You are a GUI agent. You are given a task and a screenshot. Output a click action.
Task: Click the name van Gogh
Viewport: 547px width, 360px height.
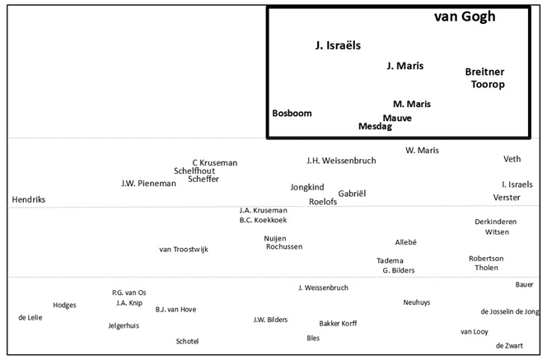[x=465, y=16]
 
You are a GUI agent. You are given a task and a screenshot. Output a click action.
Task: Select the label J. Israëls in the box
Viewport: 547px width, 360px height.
[x=338, y=46]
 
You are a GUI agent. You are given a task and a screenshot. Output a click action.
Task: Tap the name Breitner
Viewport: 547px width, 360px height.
[x=484, y=72]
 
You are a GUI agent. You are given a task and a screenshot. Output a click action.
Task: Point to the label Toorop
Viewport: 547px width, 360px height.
[x=487, y=84]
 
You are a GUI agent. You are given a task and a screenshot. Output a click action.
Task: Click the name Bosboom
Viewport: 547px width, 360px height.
[x=292, y=113]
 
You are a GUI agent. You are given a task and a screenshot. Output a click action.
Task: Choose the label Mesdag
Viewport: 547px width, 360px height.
[x=376, y=127]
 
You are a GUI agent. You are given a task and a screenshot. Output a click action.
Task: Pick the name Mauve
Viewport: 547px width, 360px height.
[x=397, y=118]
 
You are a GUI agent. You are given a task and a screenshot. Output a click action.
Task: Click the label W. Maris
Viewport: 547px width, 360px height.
[x=422, y=151]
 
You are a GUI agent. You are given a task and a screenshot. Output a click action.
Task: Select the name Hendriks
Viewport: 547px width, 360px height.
[x=29, y=200]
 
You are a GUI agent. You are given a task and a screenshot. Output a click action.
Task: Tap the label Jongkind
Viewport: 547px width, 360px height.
[x=306, y=187]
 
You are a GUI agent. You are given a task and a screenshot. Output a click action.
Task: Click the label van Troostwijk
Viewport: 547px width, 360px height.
[x=184, y=249]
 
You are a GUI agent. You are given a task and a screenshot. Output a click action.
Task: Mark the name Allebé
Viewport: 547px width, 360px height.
[x=405, y=242]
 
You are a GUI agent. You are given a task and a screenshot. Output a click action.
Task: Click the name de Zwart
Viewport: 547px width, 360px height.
[x=508, y=346]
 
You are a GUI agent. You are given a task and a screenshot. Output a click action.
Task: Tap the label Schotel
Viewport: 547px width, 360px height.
[x=187, y=341]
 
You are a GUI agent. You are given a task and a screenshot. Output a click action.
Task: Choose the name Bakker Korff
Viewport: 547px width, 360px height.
[x=338, y=324]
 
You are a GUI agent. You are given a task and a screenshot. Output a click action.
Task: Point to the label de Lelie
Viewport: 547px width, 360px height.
[x=30, y=317]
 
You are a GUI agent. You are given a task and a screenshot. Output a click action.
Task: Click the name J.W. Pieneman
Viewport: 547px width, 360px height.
[x=148, y=184]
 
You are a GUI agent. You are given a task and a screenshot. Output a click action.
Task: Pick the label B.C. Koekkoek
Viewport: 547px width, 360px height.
[x=263, y=220]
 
